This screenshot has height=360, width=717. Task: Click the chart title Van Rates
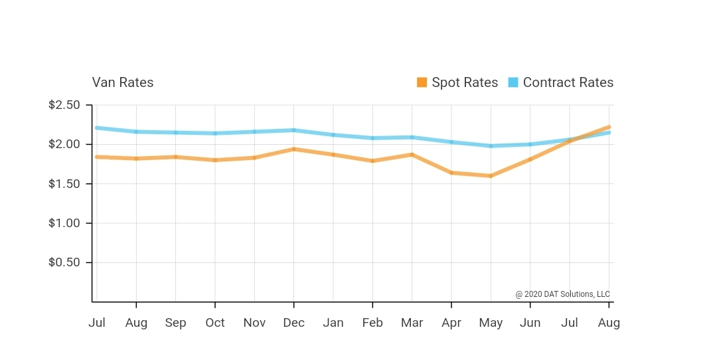(x=122, y=83)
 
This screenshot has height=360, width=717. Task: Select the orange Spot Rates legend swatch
(x=422, y=82)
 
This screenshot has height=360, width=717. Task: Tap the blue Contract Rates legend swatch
(x=513, y=82)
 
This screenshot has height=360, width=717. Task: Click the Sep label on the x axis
(x=175, y=323)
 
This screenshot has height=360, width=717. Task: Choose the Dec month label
(x=293, y=323)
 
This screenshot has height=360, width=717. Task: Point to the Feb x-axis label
(x=372, y=323)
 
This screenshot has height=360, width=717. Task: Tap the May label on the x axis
(x=491, y=323)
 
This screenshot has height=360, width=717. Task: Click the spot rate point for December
(x=293, y=149)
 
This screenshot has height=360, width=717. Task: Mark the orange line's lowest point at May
(x=491, y=176)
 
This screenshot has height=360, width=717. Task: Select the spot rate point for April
(x=451, y=173)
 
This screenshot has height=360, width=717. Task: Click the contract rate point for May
(x=491, y=146)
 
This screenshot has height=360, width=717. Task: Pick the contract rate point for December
(x=293, y=130)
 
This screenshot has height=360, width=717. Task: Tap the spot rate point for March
(x=412, y=154)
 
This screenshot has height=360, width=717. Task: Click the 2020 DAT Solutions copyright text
(x=562, y=294)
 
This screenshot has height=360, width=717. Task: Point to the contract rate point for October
(x=214, y=134)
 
